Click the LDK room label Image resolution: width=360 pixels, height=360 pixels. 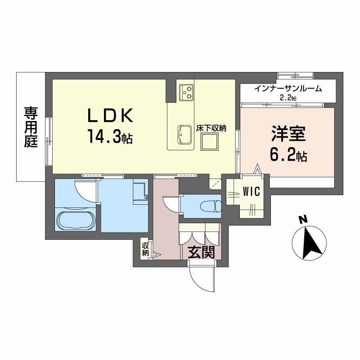click(x=110, y=115)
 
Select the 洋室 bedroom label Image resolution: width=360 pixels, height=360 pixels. click(x=288, y=134)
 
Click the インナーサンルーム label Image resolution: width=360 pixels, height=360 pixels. click(x=288, y=88)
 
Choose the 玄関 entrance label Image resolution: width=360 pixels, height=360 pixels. click(x=201, y=252)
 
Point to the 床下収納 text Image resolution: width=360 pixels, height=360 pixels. click(x=211, y=128)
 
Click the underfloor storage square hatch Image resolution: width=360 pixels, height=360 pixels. click(x=209, y=142)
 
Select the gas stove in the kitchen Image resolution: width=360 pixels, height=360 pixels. click(x=186, y=92)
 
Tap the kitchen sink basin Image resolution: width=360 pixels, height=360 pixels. click(x=184, y=135)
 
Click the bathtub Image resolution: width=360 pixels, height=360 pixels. click(x=76, y=220)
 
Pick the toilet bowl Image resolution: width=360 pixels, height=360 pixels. click(x=211, y=206)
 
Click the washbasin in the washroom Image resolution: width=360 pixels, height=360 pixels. click(x=140, y=193)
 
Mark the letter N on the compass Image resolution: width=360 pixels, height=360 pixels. click(x=303, y=220)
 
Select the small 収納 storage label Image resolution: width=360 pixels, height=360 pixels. click(x=145, y=249)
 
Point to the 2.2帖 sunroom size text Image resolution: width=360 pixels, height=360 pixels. click(x=288, y=98)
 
